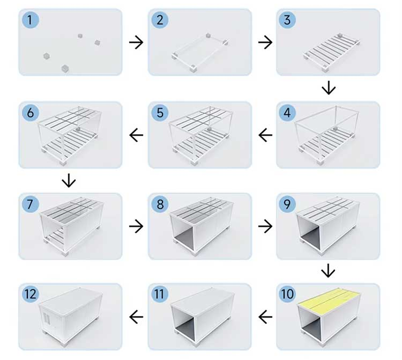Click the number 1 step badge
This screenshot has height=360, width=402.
click(30, 20)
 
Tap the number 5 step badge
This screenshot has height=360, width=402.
click(160, 113)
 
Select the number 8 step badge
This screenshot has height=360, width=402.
click(160, 204)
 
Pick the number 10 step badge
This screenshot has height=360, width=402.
click(287, 294)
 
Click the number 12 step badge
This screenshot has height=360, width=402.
click(30, 294)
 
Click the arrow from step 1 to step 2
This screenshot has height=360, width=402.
click(136, 42)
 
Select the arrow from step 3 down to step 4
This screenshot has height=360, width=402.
click(329, 88)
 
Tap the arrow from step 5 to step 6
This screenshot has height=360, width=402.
click(136, 135)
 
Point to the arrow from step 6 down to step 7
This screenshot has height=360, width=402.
click(69, 180)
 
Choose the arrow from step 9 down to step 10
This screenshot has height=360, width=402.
click(328, 270)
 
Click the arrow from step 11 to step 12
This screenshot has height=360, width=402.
click(136, 317)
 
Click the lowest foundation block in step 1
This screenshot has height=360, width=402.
click(65, 69)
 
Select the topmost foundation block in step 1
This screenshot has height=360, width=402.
click(80, 35)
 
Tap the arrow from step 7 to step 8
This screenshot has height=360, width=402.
click(136, 226)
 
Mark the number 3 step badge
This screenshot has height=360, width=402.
click(287, 20)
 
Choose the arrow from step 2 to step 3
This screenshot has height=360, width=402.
click(265, 42)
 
